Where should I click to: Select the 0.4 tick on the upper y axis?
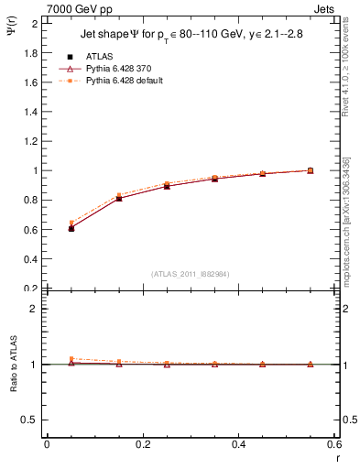point(32,259)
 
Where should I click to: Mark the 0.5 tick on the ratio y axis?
point(32,420)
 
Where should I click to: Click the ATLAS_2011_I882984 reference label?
point(191,274)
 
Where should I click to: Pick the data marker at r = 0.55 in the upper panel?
point(310,170)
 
